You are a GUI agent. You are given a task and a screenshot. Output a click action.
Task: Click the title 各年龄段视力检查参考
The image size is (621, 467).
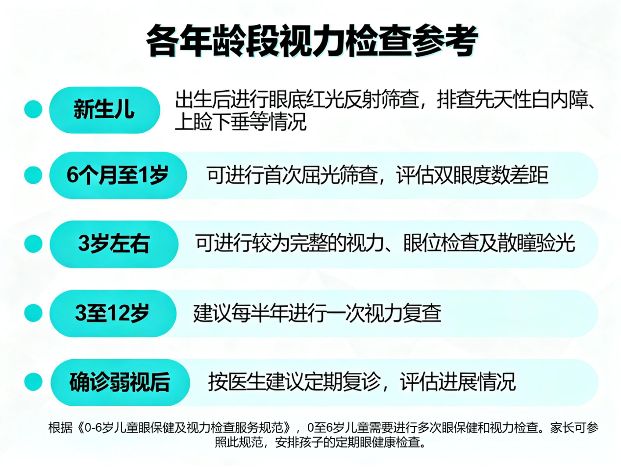[312, 41]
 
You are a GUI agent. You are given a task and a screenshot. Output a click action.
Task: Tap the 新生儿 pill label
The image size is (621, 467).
[104, 109]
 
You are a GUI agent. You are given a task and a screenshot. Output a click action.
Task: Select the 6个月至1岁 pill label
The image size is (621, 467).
[118, 175]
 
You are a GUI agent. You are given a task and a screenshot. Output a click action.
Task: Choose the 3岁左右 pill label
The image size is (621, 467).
[114, 244]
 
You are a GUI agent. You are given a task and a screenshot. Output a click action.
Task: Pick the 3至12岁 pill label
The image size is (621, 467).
[113, 313]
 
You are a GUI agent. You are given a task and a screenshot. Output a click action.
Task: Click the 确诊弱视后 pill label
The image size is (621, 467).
[120, 382]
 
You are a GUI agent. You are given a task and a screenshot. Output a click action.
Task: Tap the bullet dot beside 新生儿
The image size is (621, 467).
[33, 109]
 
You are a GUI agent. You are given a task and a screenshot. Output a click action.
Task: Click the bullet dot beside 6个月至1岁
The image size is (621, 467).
[33, 175]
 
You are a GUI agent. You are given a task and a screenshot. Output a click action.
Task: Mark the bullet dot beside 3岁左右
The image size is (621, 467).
[33, 244]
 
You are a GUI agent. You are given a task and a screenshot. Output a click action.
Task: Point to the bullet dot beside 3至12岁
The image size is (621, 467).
[33, 313]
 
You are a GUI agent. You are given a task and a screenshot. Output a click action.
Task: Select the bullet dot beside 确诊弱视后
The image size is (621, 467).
[33, 382]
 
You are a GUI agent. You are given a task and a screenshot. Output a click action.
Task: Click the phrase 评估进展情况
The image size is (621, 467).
[457, 382]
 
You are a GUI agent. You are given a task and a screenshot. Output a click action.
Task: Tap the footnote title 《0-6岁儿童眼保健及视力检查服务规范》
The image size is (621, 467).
[184, 427]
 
